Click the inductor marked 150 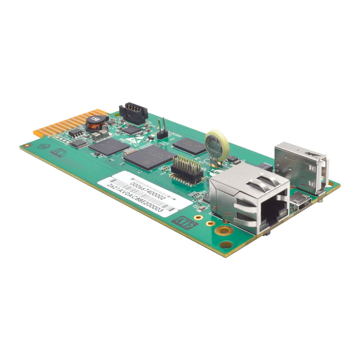[95, 122]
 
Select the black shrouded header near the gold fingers [133, 112]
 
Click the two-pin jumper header [162, 130]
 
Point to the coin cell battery [217, 145]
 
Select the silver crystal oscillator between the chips [130, 150]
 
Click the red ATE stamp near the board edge [184, 223]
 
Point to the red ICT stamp [57, 152]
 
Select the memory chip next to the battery [189, 146]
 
